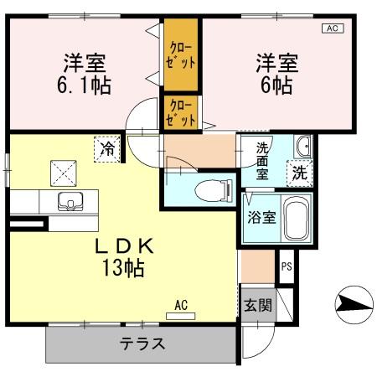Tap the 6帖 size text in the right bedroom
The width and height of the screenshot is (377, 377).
tap(274, 85)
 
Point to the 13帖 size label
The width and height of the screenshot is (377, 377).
tap(123, 268)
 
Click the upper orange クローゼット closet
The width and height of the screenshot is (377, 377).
tap(181, 54)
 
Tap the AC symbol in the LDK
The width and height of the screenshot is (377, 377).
tap(182, 306)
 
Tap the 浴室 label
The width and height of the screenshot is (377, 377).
tap(261, 218)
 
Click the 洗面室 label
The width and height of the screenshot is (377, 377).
tap(262, 160)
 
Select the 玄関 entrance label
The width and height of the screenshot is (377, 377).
tap(257, 305)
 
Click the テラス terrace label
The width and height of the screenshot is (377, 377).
tap(142, 343)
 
